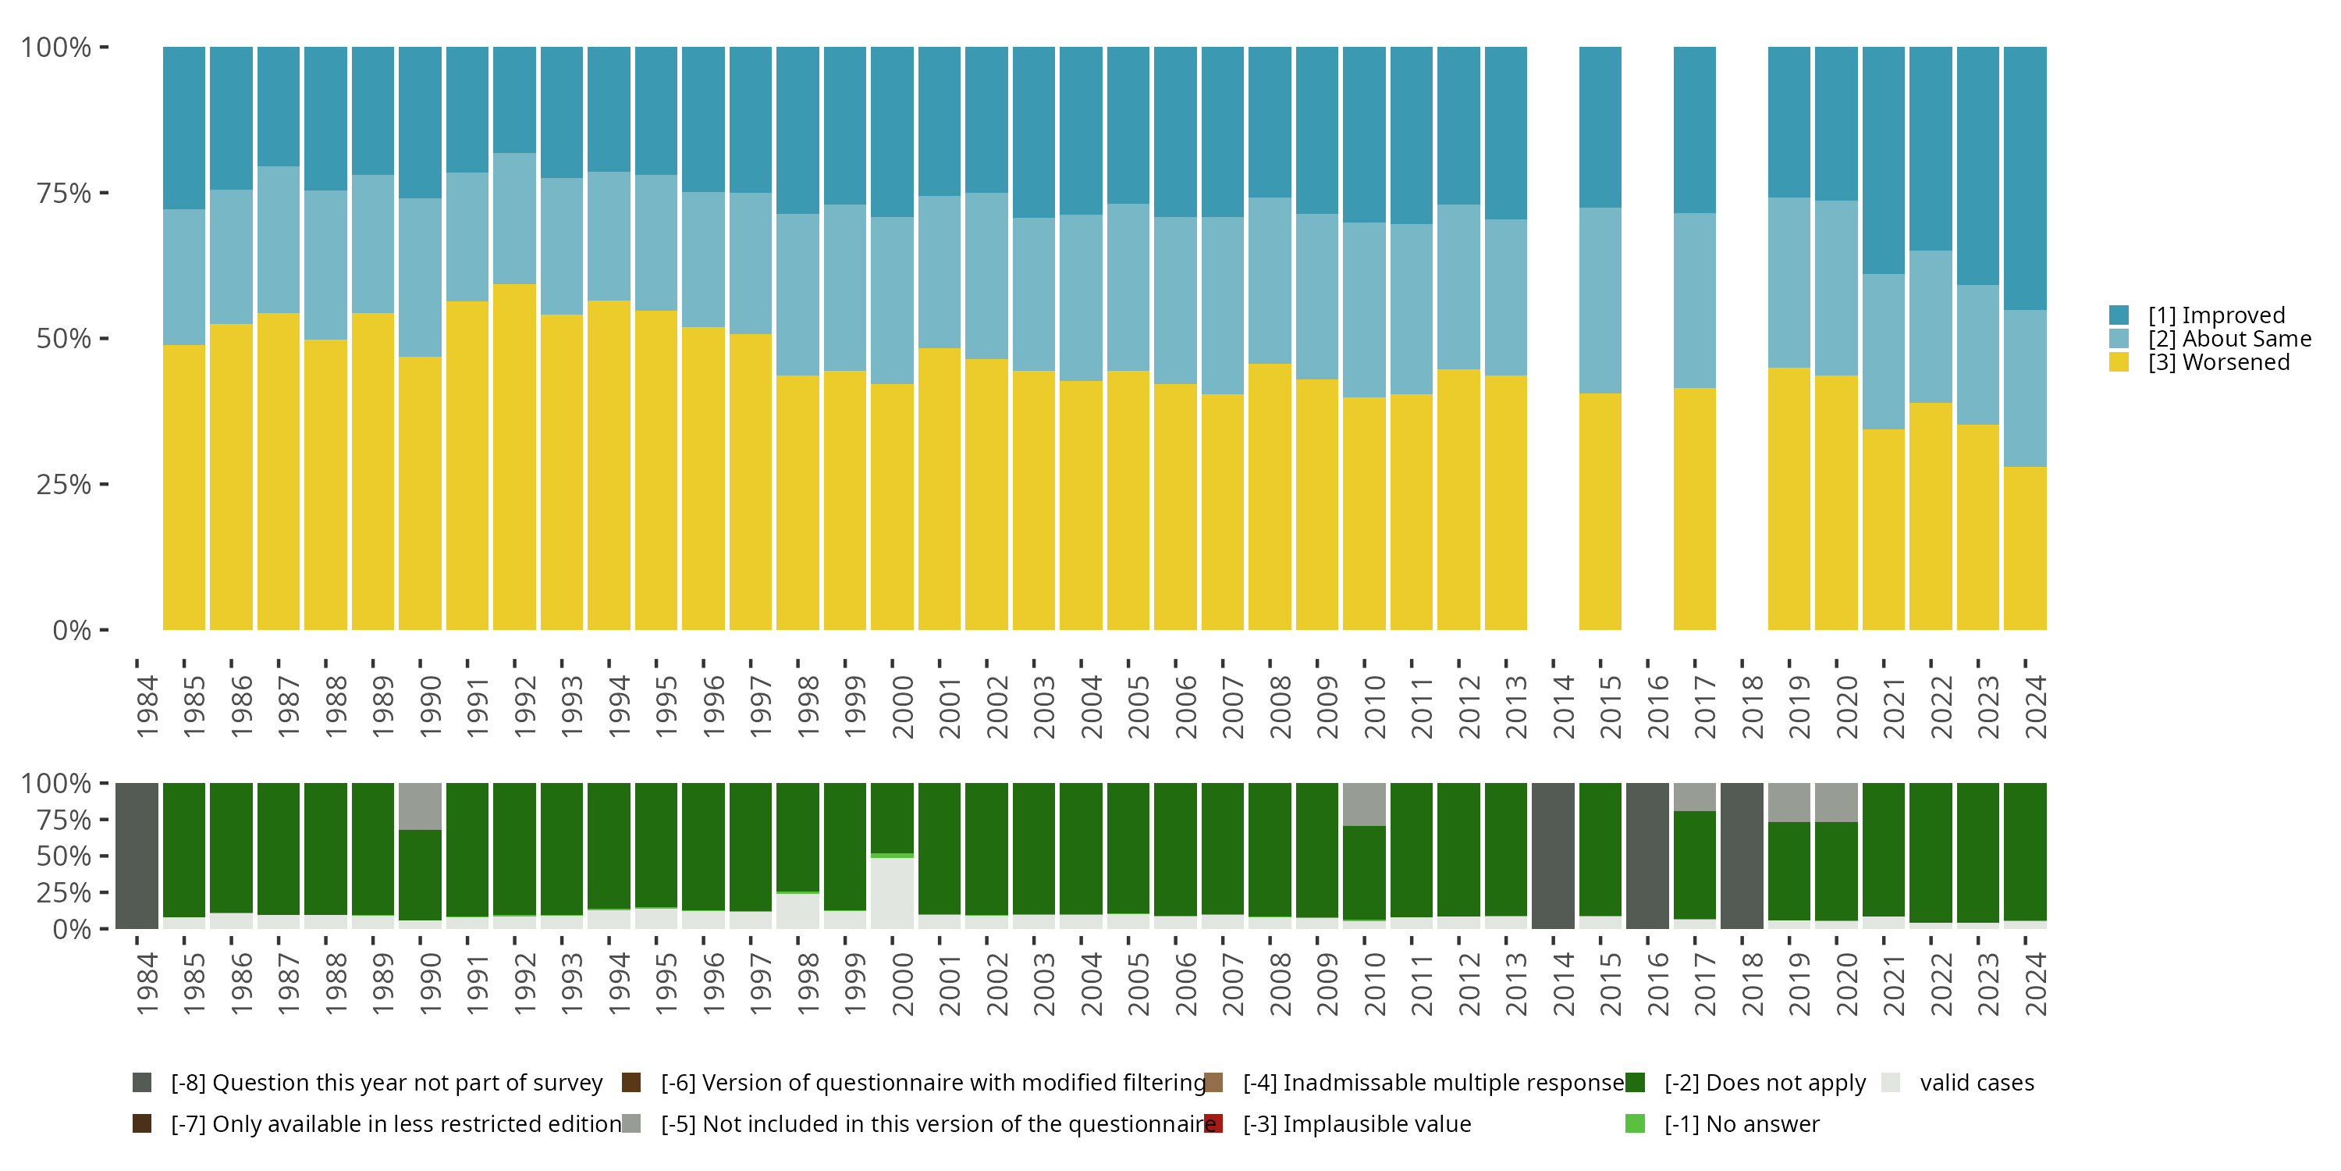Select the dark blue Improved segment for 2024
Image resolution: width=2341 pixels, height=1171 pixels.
point(2025,177)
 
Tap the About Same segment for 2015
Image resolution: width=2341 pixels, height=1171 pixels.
point(1600,300)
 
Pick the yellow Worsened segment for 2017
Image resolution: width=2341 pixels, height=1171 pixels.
point(1695,509)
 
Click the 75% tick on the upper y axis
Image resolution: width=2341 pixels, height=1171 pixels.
point(64,193)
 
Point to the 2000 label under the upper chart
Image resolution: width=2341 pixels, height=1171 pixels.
point(902,707)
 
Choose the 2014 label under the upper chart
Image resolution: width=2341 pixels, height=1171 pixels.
point(1563,707)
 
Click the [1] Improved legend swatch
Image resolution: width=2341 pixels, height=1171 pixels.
point(2119,315)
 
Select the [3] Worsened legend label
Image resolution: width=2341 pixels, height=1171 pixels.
point(2218,363)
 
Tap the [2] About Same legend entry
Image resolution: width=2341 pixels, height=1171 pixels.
point(2229,339)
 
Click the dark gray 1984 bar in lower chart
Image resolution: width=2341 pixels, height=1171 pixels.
point(137,856)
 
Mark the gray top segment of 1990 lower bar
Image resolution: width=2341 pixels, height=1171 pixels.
point(420,806)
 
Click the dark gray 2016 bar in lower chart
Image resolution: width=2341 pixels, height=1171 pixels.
point(1647,856)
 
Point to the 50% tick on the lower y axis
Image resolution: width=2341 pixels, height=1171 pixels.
point(64,856)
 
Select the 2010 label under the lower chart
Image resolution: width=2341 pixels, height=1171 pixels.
point(1374,984)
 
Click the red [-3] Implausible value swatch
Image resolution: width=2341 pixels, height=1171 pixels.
point(1213,1123)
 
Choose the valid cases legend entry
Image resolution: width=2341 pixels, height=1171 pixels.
point(1977,1083)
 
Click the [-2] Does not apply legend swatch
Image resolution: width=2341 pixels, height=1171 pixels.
point(1635,1083)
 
